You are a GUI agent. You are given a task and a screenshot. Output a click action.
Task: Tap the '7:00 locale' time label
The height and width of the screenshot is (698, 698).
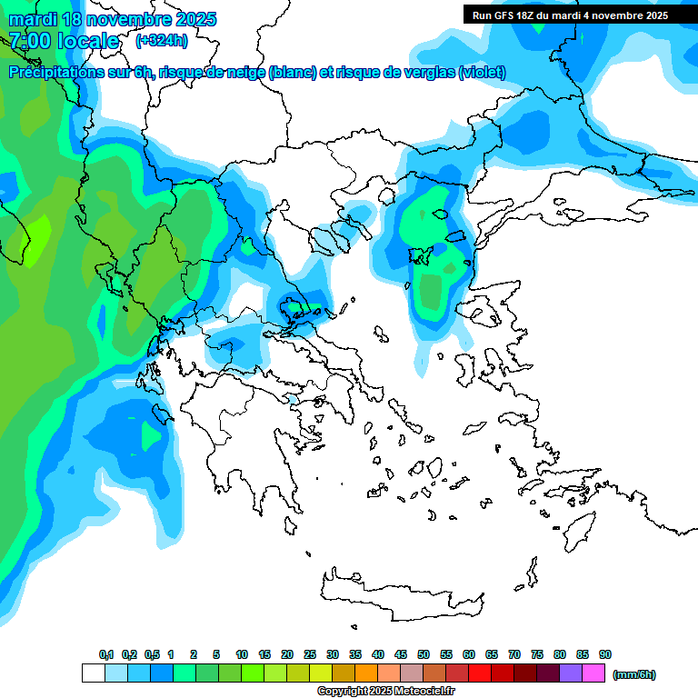point(65,40)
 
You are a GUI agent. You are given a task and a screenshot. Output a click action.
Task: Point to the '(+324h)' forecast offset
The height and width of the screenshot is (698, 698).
point(162,40)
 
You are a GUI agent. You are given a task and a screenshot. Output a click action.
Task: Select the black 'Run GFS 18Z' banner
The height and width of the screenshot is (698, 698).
point(570,15)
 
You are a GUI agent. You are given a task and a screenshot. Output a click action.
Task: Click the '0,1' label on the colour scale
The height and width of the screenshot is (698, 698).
point(106,654)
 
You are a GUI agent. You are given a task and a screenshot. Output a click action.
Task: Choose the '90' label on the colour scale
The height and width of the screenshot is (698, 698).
point(605,654)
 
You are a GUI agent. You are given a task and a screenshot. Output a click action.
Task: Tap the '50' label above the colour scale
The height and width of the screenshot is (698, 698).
point(424,654)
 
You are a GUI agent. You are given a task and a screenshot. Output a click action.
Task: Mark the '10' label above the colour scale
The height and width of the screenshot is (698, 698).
point(242,654)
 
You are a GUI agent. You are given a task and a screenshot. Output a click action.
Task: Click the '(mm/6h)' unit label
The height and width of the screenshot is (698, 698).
point(634,674)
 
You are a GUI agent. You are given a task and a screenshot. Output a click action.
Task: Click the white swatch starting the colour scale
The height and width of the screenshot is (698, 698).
point(93,673)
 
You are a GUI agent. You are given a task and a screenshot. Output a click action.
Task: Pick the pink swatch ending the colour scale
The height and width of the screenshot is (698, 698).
point(593,673)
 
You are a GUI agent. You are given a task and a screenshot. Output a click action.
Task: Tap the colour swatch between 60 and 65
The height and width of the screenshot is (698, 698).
point(480,673)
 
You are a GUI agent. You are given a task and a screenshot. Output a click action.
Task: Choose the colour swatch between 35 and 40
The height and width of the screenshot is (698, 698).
point(366,673)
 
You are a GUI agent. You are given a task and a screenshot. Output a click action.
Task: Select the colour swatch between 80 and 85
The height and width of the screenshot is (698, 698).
point(571,673)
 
